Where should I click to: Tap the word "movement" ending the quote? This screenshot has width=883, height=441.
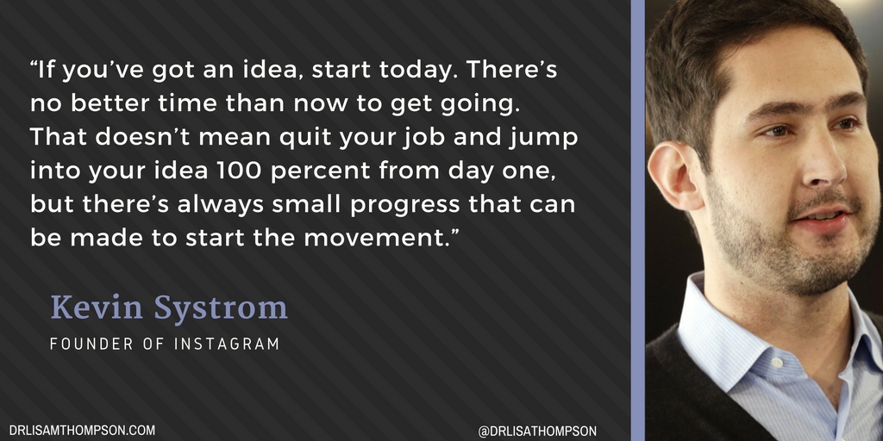(x=379, y=238)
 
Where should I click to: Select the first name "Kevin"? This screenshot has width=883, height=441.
(x=96, y=307)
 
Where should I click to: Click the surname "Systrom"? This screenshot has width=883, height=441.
(x=218, y=308)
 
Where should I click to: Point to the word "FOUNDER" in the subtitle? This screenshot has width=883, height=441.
(x=90, y=344)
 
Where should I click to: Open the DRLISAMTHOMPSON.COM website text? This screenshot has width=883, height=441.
(x=82, y=429)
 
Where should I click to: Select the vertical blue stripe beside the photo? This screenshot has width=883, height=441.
(x=637, y=220)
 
